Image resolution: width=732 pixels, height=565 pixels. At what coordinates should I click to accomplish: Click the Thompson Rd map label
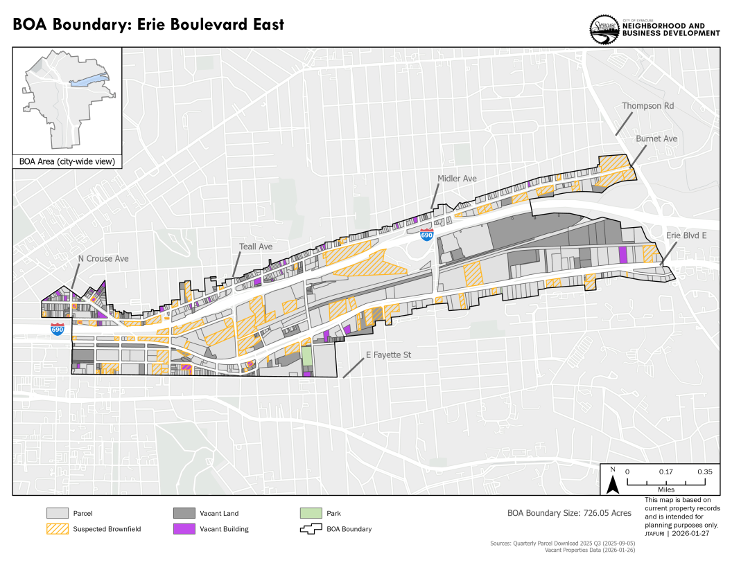tap(647, 106)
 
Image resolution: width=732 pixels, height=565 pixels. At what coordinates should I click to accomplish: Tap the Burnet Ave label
tap(656, 138)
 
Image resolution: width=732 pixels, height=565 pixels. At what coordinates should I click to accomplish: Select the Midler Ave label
tap(457, 179)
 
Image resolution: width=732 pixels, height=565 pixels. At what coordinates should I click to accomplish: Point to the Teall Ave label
tap(256, 246)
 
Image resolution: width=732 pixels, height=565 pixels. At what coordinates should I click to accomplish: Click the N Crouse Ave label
tap(103, 258)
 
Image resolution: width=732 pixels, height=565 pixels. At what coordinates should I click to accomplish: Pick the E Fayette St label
tap(388, 355)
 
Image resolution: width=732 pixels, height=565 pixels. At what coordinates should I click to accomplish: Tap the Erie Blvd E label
tap(686, 235)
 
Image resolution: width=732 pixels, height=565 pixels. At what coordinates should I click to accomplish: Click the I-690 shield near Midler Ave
tap(427, 235)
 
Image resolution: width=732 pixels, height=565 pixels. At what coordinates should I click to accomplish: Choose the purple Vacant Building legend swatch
tap(184, 529)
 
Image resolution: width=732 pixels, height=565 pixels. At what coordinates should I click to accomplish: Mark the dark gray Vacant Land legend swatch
tap(184, 514)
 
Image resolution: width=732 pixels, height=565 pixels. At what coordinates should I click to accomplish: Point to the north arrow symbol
tap(613, 481)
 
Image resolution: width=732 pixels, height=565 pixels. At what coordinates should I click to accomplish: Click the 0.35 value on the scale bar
tap(704, 472)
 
